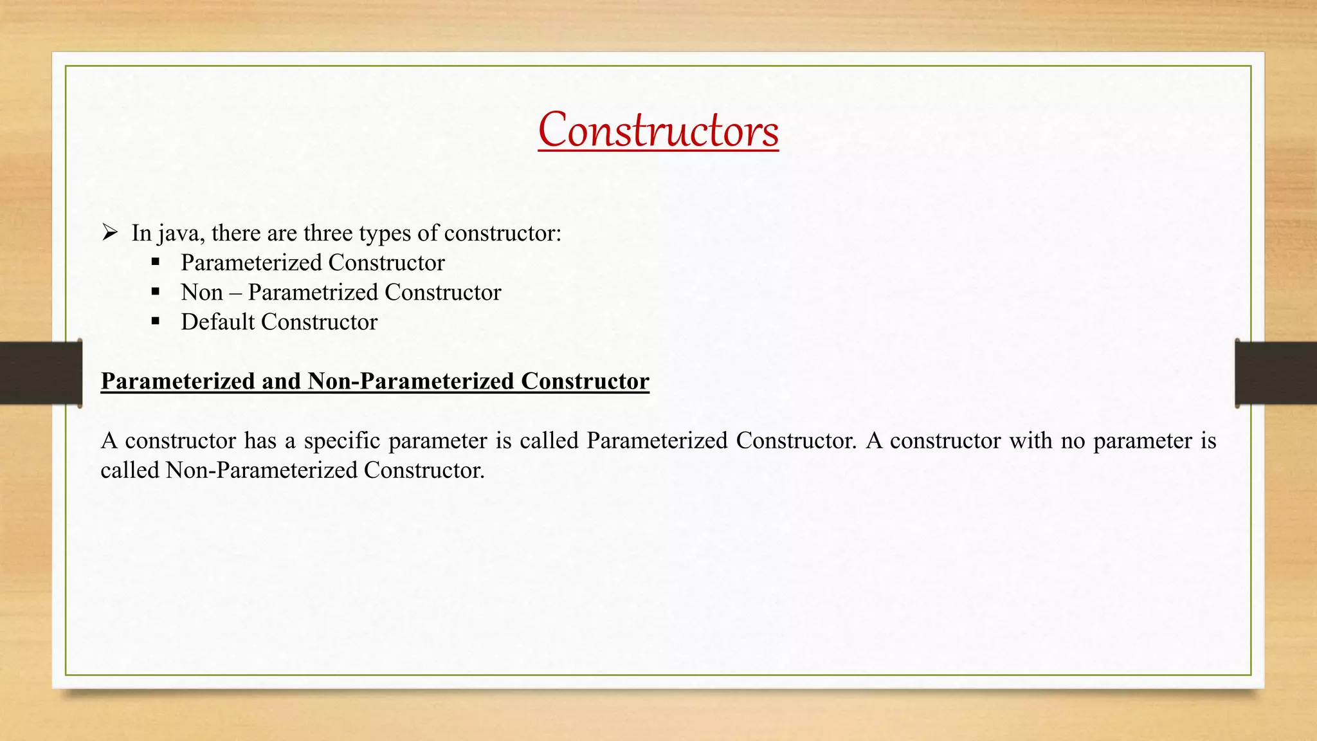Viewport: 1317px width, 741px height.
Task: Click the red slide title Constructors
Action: click(658, 131)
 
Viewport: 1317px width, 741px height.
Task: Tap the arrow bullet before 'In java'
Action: click(109, 232)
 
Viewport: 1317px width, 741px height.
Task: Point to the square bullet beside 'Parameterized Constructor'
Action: click(155, 262)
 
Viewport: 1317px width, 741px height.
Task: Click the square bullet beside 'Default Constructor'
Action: click(155, 322)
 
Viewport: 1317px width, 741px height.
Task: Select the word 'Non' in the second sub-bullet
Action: click(202, 292)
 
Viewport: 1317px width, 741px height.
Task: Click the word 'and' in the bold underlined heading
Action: click(281, 381)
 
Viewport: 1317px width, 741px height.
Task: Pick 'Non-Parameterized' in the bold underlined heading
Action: click(410, 381)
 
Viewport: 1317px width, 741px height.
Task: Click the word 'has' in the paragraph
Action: click(260, 441)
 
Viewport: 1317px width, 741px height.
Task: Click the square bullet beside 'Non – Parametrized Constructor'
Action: click(155, 292)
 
